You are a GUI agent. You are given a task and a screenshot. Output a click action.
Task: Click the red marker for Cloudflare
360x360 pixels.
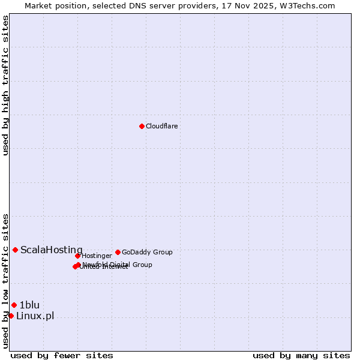pyautogui.click(x=142, y=126)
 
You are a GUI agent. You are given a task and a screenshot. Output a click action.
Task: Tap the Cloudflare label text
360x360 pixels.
pyautogui.click(x=161, y=127)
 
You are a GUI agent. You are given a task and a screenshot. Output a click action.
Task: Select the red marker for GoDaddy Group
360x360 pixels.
pyautogui.click(x=118, y=252)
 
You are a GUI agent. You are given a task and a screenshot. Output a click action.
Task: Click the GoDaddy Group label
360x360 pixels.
pyautogui.click(x=147, y=253)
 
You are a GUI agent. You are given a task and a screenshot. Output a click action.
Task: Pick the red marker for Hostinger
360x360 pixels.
pyautogui.click(x=77, y=256)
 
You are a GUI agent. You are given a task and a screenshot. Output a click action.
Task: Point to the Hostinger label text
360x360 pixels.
pyautogui.click(x=97, y=256)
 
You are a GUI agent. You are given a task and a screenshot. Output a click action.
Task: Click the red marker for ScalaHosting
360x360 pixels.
pyautogui.click(x=15, y=250)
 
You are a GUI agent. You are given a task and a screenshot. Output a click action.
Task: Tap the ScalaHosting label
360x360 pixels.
pyautogui.click(x=51, y=250)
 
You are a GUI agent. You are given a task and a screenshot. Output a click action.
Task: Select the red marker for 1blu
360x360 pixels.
pyautogui.click(x=14, y=305)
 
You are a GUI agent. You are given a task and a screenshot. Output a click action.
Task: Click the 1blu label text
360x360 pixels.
pyautogui.click(x=29, y=305)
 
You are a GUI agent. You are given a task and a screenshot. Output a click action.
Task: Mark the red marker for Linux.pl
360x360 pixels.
pyautogui.click(x=11, y=316)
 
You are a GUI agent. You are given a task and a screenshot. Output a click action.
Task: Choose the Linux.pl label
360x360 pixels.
pyautogui.click(x=35, y=316)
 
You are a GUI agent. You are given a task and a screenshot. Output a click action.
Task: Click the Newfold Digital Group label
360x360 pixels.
pyautogui.click(x=118, y=265)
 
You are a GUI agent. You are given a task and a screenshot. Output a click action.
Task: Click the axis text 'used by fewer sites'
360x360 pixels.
pyautogui.click(x=62, y=355)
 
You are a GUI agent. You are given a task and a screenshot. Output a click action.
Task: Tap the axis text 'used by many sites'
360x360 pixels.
pyautogui.click(x=301, y=355)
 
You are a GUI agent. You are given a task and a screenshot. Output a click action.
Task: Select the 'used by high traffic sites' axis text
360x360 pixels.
pyautogui.click(x=6, y=85)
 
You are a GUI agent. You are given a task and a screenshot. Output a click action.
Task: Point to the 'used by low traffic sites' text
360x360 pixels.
pyautogui.click(x=6, y=281)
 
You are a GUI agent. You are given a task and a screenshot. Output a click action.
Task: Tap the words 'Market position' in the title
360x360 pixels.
pyautogui.click(x=53, y=5)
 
